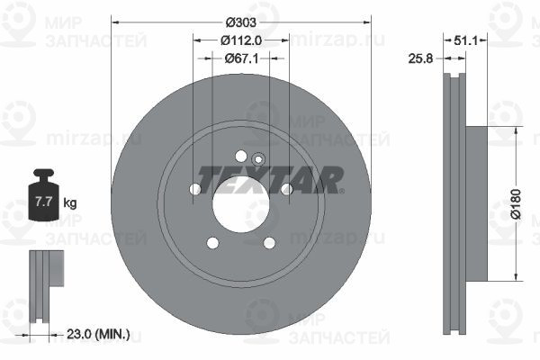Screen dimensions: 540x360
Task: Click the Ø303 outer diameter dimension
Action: (x=241, y=22)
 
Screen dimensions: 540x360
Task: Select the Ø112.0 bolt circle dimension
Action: (x=241, y=40)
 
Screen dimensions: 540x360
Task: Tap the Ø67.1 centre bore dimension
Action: (x=241, y=58)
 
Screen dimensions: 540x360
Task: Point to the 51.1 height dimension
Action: (x=465, y=41)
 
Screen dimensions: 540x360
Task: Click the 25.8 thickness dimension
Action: (x=420, y=58)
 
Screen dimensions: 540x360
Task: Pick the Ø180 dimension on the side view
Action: (x=516, y=204)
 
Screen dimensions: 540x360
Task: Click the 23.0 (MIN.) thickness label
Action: (x=98, y=334)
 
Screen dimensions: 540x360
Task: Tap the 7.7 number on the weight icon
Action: (x=44, y=202)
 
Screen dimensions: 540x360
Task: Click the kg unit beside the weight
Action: (x=70, y=202)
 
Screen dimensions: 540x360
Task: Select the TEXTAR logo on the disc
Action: (x=270, y=180)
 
